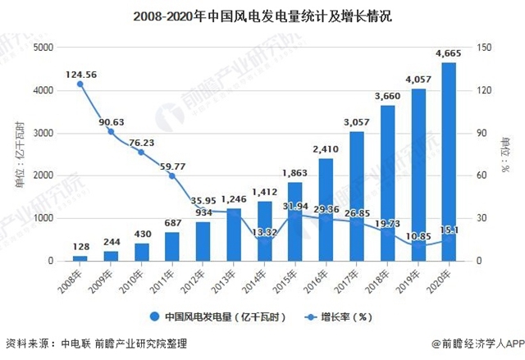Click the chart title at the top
tap(262, 15)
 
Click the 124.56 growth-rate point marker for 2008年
tap(80, 84)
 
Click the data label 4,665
tap(448, 54)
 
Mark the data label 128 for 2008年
tap(80, 247)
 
